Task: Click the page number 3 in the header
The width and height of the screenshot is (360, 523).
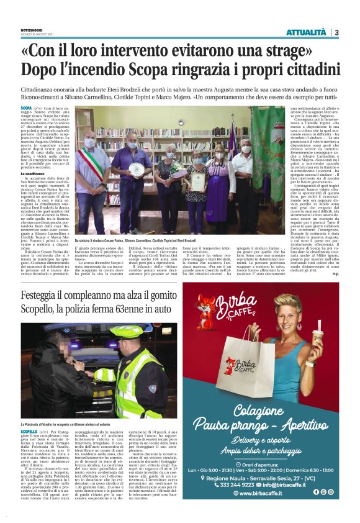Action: point(336,32)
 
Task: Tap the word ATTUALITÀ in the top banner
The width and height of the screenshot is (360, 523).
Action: point(305,32)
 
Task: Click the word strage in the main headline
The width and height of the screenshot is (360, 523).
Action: point(305,50)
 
